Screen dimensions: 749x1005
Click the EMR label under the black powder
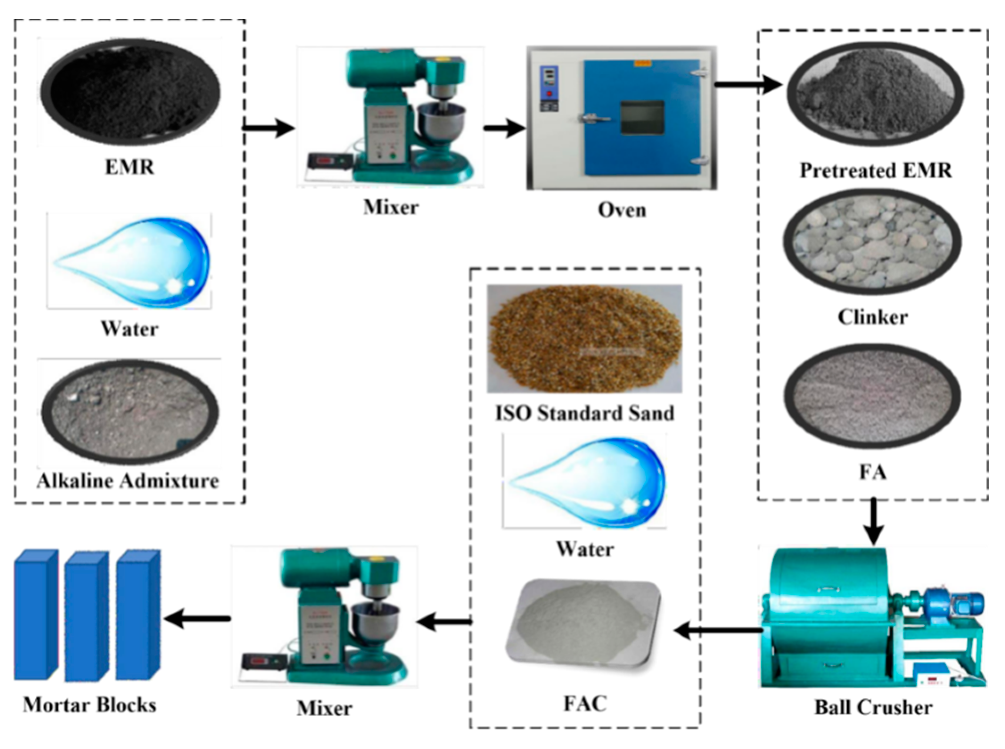[x=130, y=167]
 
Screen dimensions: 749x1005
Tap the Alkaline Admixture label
[x=128, y=481]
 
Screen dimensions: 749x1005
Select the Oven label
[x=621, y=209]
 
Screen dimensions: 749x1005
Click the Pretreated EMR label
[x=875, y=170]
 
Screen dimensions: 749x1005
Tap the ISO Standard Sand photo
[x=584, y=338]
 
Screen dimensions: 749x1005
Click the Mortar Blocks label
[x=90, y=705]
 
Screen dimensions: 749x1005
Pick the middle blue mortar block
[x=86, y=616]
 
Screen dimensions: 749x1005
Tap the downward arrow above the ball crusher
[x=873, y=521]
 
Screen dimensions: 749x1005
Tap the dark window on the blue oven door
[x=642, y=118]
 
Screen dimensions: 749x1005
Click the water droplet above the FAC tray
[x=585, y=482]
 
